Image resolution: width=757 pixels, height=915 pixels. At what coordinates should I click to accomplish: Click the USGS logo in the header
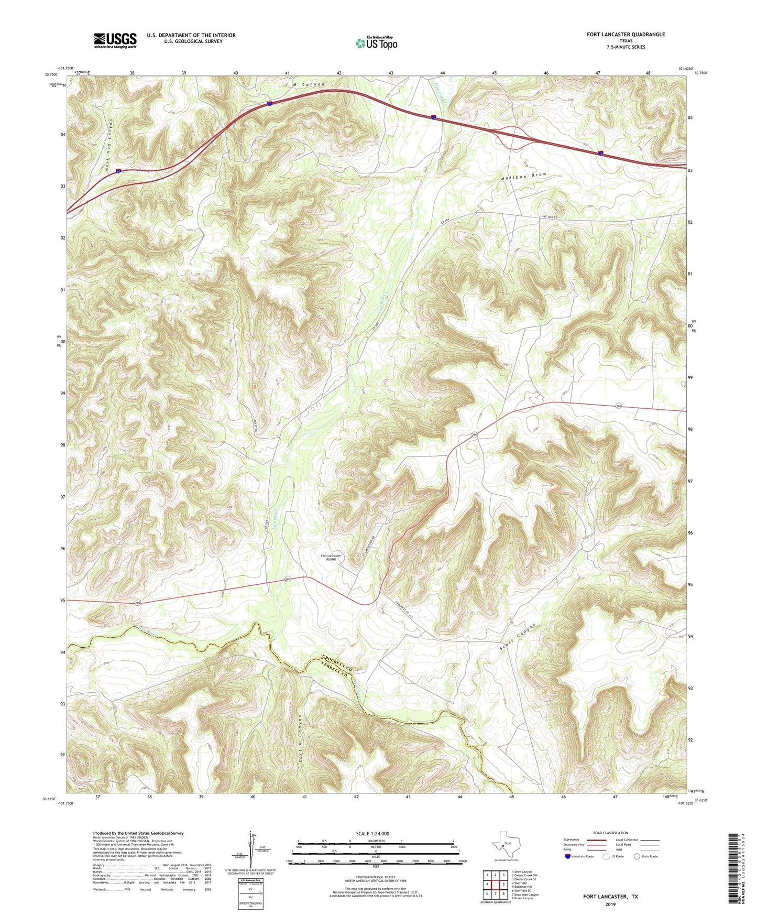pos(115,40)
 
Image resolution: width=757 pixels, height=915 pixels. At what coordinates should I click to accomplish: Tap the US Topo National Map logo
pos(376,43)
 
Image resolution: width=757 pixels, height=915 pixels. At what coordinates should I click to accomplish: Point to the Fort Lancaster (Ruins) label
pos(331,558)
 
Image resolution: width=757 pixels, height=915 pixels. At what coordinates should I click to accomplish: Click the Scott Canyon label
pos(518,638)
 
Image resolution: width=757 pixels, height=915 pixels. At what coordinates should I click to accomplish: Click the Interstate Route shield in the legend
pos(568,856)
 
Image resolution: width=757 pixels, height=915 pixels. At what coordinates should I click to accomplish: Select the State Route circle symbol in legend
pos(637,856)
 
